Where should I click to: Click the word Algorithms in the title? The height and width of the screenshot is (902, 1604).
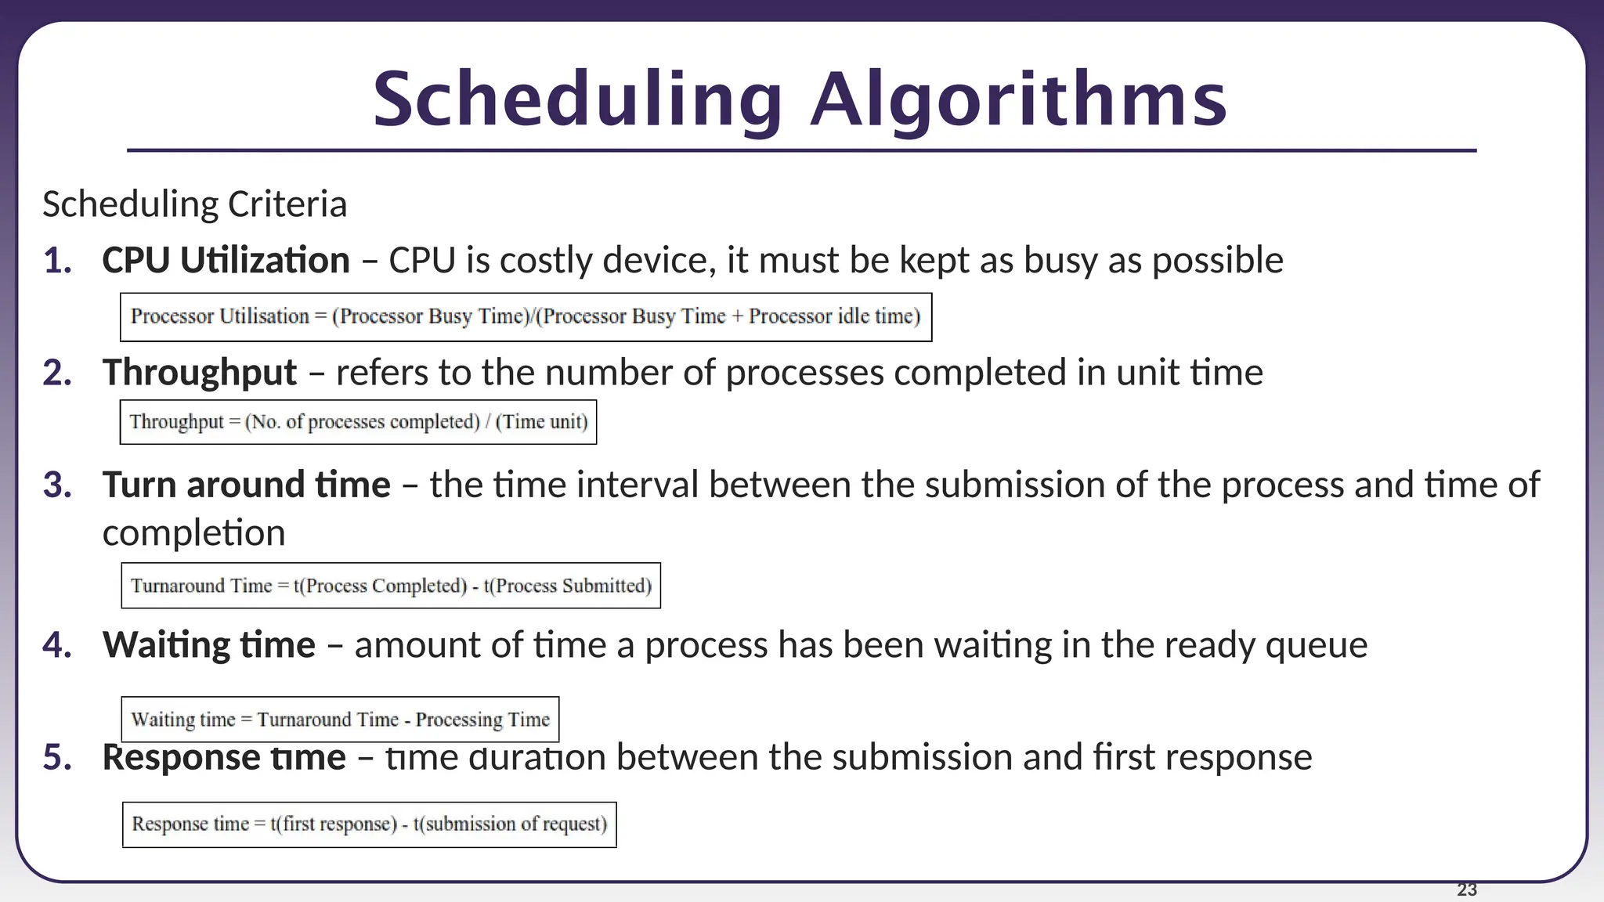click(1018, 99)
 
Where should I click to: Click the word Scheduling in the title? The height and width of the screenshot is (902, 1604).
click(577, 99)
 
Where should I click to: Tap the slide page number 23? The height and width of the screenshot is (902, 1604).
click(1466, 889)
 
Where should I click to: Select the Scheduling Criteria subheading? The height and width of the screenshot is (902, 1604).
click(194, 204)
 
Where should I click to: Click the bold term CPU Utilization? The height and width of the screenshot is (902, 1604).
click(226, 260)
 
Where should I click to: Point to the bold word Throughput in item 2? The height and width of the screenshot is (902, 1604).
click(200, 373)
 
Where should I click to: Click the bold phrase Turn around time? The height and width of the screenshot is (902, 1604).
click(246, 485)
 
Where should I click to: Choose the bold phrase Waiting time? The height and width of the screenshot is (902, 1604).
click(208, 645)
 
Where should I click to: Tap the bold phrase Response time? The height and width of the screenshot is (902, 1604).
click(224, 757)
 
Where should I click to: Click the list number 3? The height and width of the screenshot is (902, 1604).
click(57, 485)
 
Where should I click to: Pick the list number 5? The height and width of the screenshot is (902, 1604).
click(57, 757)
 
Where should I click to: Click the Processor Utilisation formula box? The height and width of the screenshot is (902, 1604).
click(526, 317)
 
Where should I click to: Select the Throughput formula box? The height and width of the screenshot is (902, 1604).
click(358, 422)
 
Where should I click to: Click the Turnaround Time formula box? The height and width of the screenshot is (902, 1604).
click(391, 586)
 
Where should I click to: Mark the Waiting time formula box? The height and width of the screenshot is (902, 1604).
click(340, 720)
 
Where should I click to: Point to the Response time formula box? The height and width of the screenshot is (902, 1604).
click(369, 824)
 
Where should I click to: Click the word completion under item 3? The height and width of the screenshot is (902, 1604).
click(193, 533)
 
